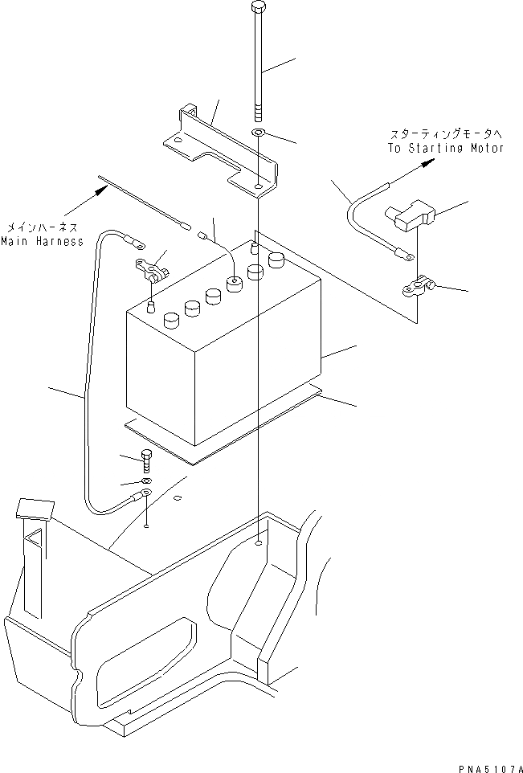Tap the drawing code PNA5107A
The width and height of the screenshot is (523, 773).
483,764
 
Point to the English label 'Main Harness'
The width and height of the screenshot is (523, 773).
42,241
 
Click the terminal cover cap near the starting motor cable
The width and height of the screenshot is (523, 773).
411,215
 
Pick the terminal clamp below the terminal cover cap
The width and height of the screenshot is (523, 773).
418,285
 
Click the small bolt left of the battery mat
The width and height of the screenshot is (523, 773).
146,460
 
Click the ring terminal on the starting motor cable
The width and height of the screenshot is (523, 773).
407,256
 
